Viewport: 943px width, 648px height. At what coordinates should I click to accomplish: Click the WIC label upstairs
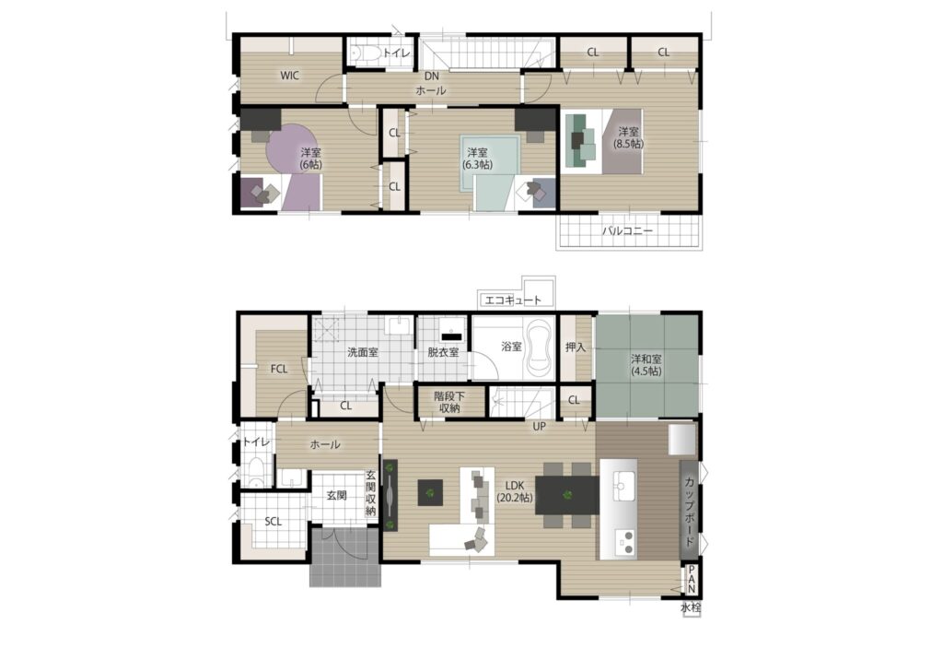(289, 76)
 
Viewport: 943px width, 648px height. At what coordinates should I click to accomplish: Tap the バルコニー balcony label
(627, 230)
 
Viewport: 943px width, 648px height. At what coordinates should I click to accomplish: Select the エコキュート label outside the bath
(513, 300)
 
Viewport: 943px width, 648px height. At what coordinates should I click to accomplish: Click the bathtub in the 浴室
(540, 348)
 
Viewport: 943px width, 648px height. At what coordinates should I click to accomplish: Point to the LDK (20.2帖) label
(515, 491)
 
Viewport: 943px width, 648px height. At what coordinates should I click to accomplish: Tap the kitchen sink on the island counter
(624, 482)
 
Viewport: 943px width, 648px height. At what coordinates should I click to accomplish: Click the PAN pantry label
(692, 580)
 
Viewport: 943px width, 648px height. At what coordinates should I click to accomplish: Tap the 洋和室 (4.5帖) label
(646, 365)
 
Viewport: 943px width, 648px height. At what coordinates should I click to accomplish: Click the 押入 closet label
(576, 348)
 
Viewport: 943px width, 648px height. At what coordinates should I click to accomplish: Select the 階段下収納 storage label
(449, 402)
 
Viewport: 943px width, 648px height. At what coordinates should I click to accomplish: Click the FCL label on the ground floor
(278, 370)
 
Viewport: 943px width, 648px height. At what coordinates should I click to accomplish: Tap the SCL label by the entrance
(273, 522)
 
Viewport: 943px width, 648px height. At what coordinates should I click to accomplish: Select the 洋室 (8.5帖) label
(628, 138)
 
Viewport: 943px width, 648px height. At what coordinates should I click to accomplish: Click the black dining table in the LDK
(566, 495)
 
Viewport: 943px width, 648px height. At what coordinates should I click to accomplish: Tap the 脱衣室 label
(443, 352)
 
